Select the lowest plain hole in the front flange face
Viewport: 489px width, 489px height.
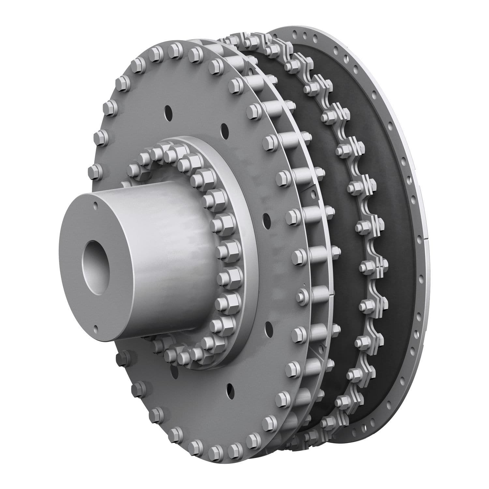point(230,388)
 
